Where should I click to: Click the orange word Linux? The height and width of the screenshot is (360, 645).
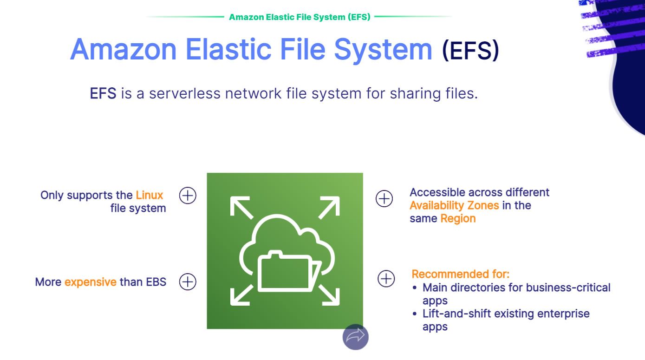point(149,195)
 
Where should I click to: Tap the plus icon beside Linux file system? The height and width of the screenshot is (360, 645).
point(188,196)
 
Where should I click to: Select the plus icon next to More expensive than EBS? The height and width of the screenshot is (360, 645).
point(188,281)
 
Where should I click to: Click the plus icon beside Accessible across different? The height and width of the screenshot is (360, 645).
point(384,198)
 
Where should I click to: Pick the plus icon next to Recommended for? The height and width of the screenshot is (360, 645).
point(386,279)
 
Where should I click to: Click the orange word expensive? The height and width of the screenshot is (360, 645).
point(91,282)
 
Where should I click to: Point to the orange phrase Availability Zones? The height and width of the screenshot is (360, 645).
point(454,206)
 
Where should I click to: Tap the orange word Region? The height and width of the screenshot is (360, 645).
point(458,219)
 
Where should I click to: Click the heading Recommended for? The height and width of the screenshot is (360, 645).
point(461,274)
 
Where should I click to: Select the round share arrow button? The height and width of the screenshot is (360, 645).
point(355,337)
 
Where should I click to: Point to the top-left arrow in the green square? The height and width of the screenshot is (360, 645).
point(241,207)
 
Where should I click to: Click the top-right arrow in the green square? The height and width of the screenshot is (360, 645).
point(329,207)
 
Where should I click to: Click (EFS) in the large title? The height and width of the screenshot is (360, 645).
point(470,50)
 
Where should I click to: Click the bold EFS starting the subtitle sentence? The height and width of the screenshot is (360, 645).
point(103,93)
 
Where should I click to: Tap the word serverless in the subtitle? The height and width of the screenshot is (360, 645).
point(184,93)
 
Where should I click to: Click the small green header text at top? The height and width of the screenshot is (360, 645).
point(300,17)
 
